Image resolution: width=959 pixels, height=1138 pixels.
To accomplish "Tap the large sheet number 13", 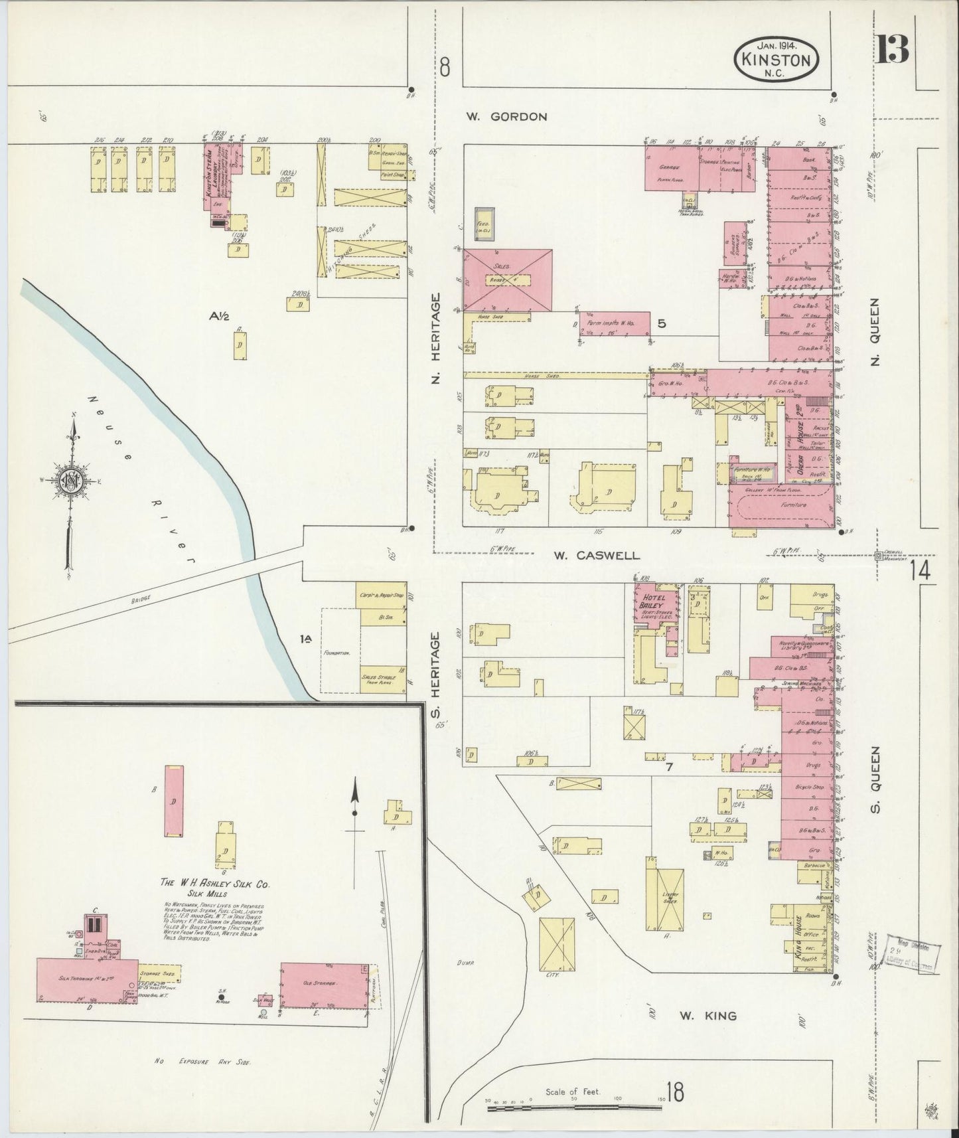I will coord(893,47).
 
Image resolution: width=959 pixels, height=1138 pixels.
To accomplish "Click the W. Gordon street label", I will coord(506,116).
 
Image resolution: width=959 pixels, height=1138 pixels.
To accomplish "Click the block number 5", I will coord(661,323).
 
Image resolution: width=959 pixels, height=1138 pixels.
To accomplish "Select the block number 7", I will coord(670,767).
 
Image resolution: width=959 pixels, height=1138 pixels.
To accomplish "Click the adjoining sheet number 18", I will coord(676,1092).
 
